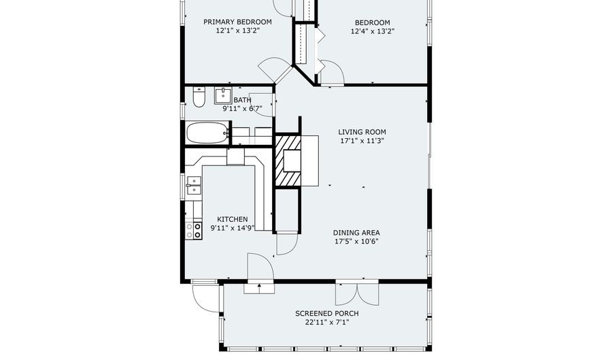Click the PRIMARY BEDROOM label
tap(237, 22)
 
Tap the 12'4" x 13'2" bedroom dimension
tap(372, 31)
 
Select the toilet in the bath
tap(199, 99)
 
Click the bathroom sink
tap(224, 95)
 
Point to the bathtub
tap(207, 133)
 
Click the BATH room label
tap(242, 100)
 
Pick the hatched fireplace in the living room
tap(288, 161)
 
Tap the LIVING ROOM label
tap(362, 132)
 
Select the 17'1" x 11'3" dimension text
tap(362, 142)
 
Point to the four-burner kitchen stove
tap(194, 230)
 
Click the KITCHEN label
tap(233, 219)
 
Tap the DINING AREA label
tap(356, 232)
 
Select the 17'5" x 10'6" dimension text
tap(356, 241)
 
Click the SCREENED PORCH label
tap(326, 314)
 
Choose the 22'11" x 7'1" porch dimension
tap(326, 323)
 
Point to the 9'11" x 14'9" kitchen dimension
tap(233, 228)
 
